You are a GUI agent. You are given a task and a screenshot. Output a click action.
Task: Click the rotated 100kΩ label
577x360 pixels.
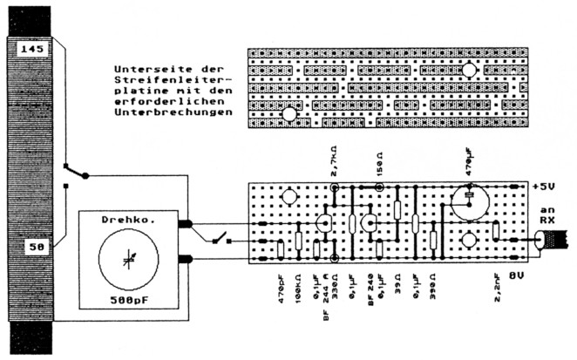click(x=298, y=286)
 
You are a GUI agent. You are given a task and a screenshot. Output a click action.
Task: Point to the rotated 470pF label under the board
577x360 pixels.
click(x=281, y=286)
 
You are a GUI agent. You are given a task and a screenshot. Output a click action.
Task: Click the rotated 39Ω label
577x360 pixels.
click(x=397, y=282)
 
